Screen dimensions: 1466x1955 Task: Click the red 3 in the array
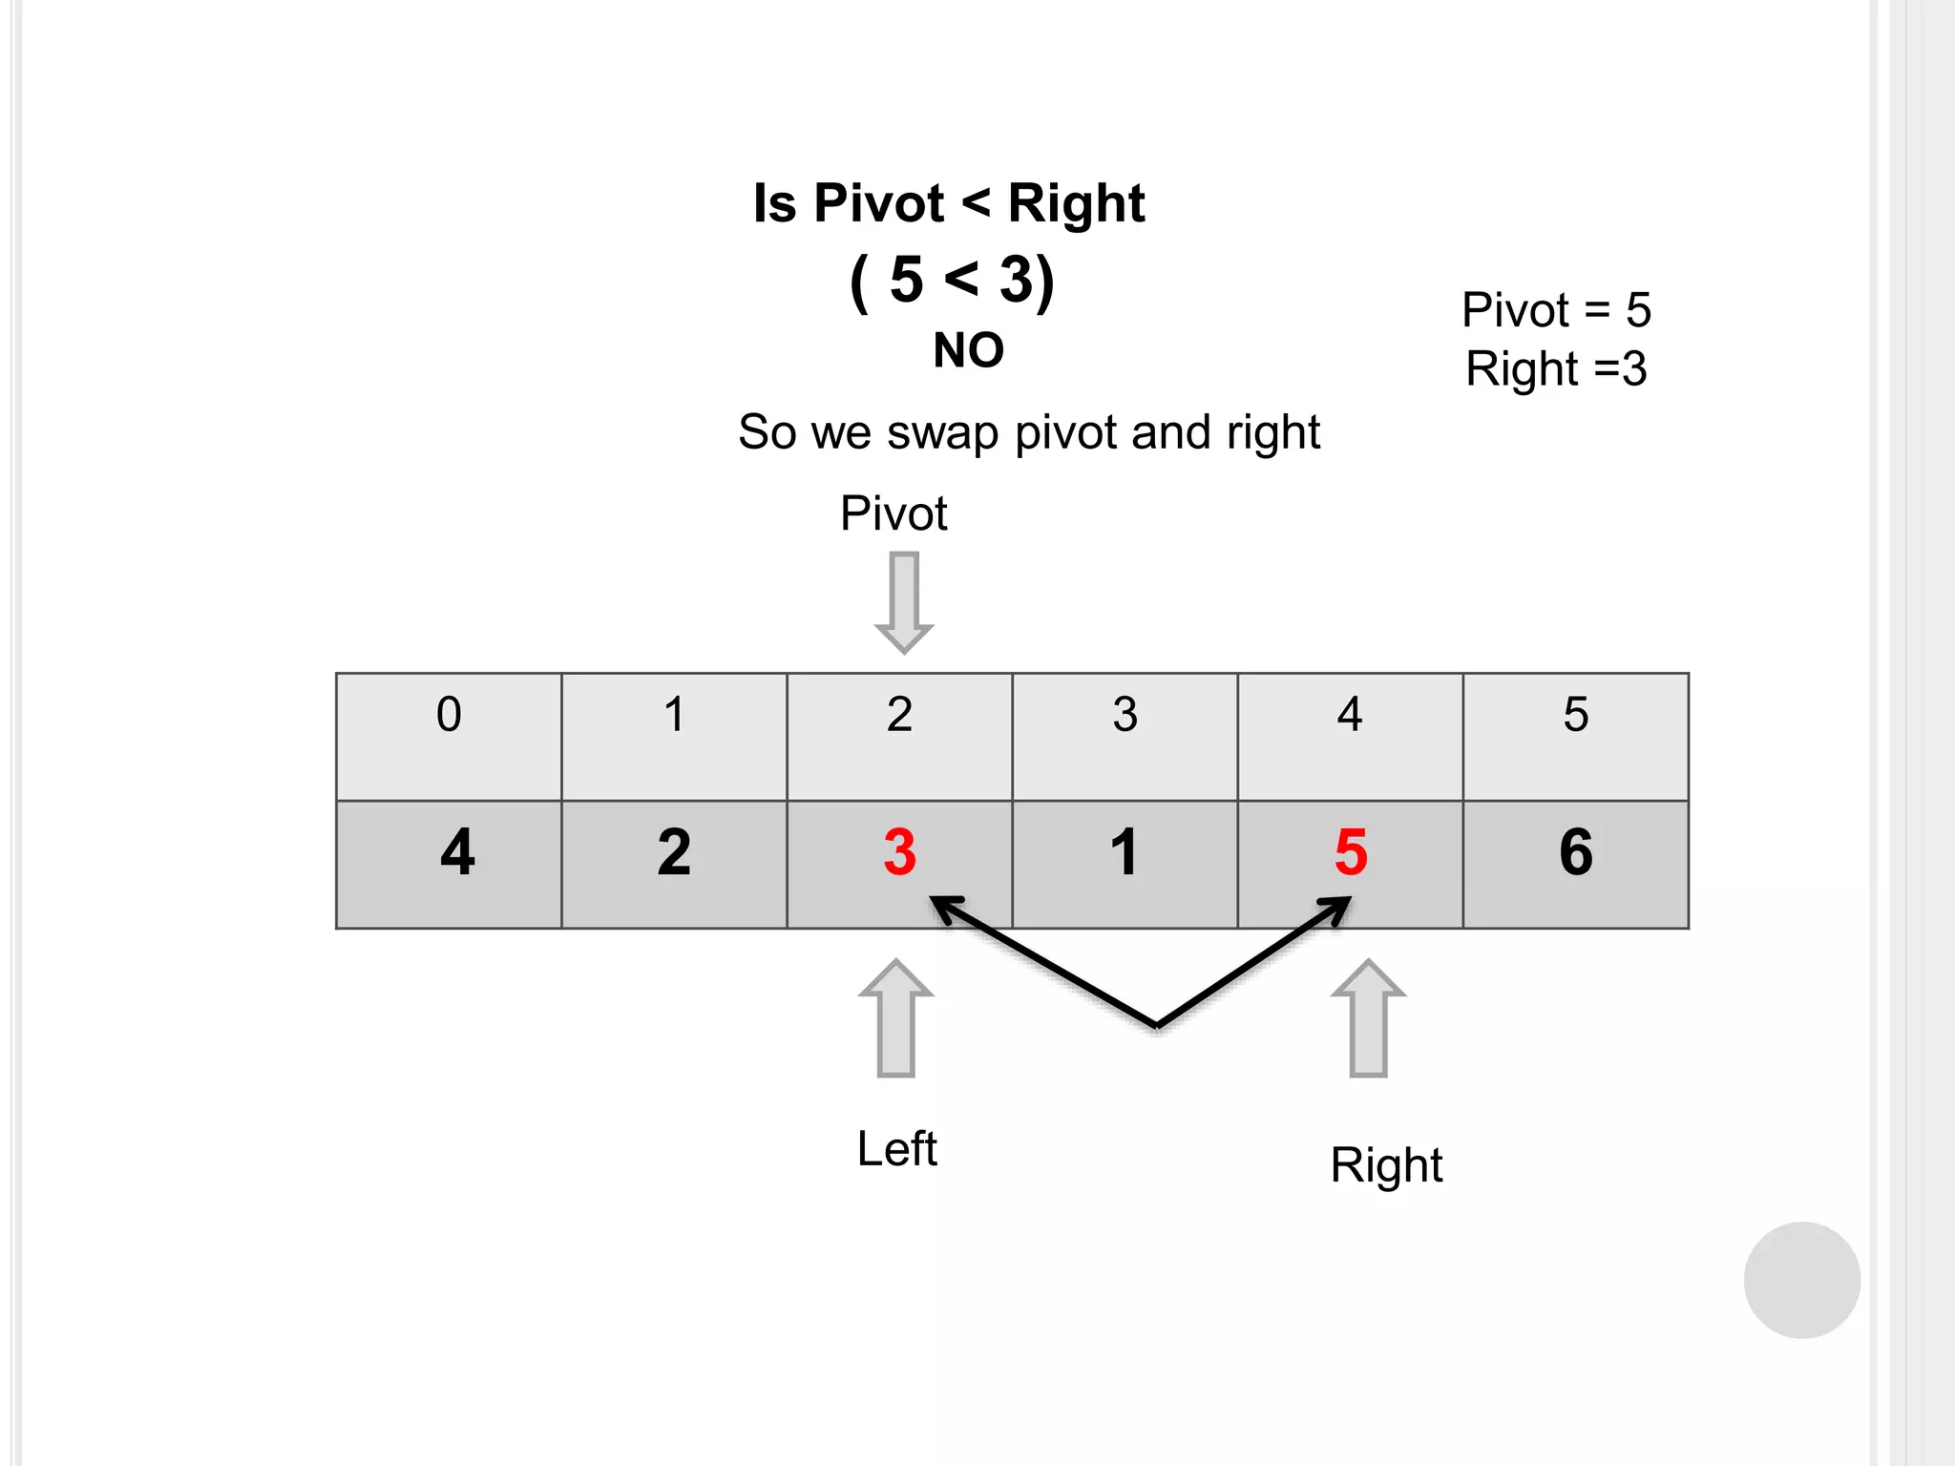(899, 852)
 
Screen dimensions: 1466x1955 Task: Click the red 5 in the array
(1351, 852)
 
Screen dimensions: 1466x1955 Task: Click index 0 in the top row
(449, 715)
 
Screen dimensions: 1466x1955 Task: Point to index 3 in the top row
(1125, 715)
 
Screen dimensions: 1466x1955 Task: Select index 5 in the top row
(1576, 715)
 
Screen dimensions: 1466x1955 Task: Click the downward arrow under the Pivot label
(904, 601)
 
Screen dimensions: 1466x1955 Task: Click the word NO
(968, 350)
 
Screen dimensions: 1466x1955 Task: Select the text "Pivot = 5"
(1556, 310)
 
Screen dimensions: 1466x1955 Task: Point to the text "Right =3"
(1556, 369)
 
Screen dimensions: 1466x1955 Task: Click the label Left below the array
(896, 1149)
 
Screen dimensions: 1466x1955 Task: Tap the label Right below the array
(1386, 1165)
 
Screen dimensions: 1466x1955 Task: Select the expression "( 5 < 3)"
(952, 281)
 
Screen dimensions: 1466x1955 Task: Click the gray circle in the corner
(1801, 1280)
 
